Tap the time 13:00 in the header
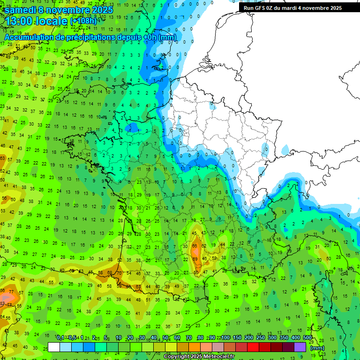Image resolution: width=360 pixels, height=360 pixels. point(21,21)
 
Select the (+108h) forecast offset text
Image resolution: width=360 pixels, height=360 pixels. point(83,21)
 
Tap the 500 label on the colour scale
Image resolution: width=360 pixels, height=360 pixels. point(307,338)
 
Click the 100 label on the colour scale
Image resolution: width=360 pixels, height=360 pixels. point(225,338)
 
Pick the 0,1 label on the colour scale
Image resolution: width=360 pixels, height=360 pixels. point(60,338)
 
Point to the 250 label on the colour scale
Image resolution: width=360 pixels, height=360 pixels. point(261,338)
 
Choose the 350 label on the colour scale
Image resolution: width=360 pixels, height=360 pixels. point(284,338)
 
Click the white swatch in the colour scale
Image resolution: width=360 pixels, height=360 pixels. point(54,347)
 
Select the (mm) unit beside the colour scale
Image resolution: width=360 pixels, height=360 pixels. point(317,348)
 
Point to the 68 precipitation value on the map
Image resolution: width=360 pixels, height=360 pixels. point(109,272)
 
